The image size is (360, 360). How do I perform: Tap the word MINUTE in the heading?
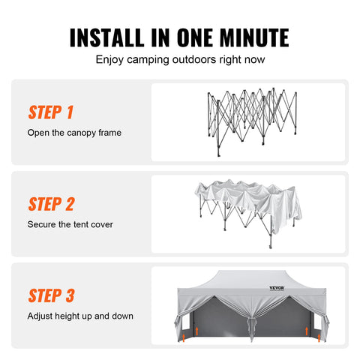[x=248, y=37]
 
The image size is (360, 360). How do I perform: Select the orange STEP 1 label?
[x=50, y=113]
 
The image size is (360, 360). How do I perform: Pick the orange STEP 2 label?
[x=51, y=204]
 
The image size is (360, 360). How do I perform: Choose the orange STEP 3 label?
[x=51, y=295]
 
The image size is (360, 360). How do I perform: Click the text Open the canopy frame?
[x=73, y=133]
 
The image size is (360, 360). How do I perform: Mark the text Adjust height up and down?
[x=80, y=316]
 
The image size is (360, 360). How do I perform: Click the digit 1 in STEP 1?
[x=69, y=113]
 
